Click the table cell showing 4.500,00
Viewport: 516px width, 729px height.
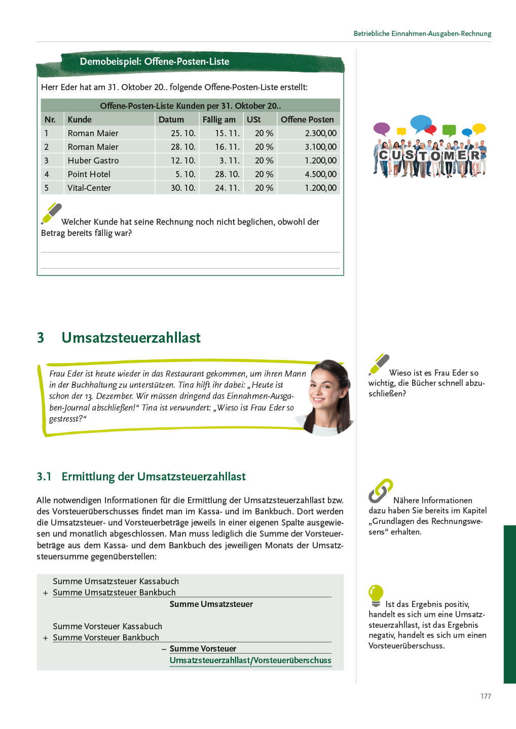[x=320, y=174]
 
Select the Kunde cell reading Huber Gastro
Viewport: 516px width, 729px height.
[x=93, y=160]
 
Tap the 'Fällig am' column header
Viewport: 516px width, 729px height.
[x=219, y=119]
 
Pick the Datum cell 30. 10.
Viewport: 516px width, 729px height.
[x=183, y=188]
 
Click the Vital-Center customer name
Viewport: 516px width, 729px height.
[x=89, y=188]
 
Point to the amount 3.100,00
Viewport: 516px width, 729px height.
[x=320, y=147]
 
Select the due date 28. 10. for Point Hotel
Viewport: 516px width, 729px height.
[x=227, y=174]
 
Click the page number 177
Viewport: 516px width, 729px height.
[x=486, y=696]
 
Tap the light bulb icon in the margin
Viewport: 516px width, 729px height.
[x=376, y=595]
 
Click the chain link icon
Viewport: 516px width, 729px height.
[x=380, y=491]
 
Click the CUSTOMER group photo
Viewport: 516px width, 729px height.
[x=430, y=147]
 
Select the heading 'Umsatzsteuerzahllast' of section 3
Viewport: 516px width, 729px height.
[x=131, y=338]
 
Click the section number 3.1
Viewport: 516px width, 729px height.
[x=44, y=476]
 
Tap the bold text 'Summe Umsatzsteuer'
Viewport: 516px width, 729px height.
[x=211, y=604]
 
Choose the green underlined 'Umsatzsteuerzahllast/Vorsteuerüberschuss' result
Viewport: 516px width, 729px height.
[x=250, y=660]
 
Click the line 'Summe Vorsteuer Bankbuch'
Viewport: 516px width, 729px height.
[x=106, y=637]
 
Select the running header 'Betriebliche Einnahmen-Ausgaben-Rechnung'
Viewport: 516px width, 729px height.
[x=422, y=33]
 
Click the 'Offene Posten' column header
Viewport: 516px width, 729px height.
[x=307, y=119]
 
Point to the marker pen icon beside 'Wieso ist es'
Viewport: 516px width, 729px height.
[x=379, y=364]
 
